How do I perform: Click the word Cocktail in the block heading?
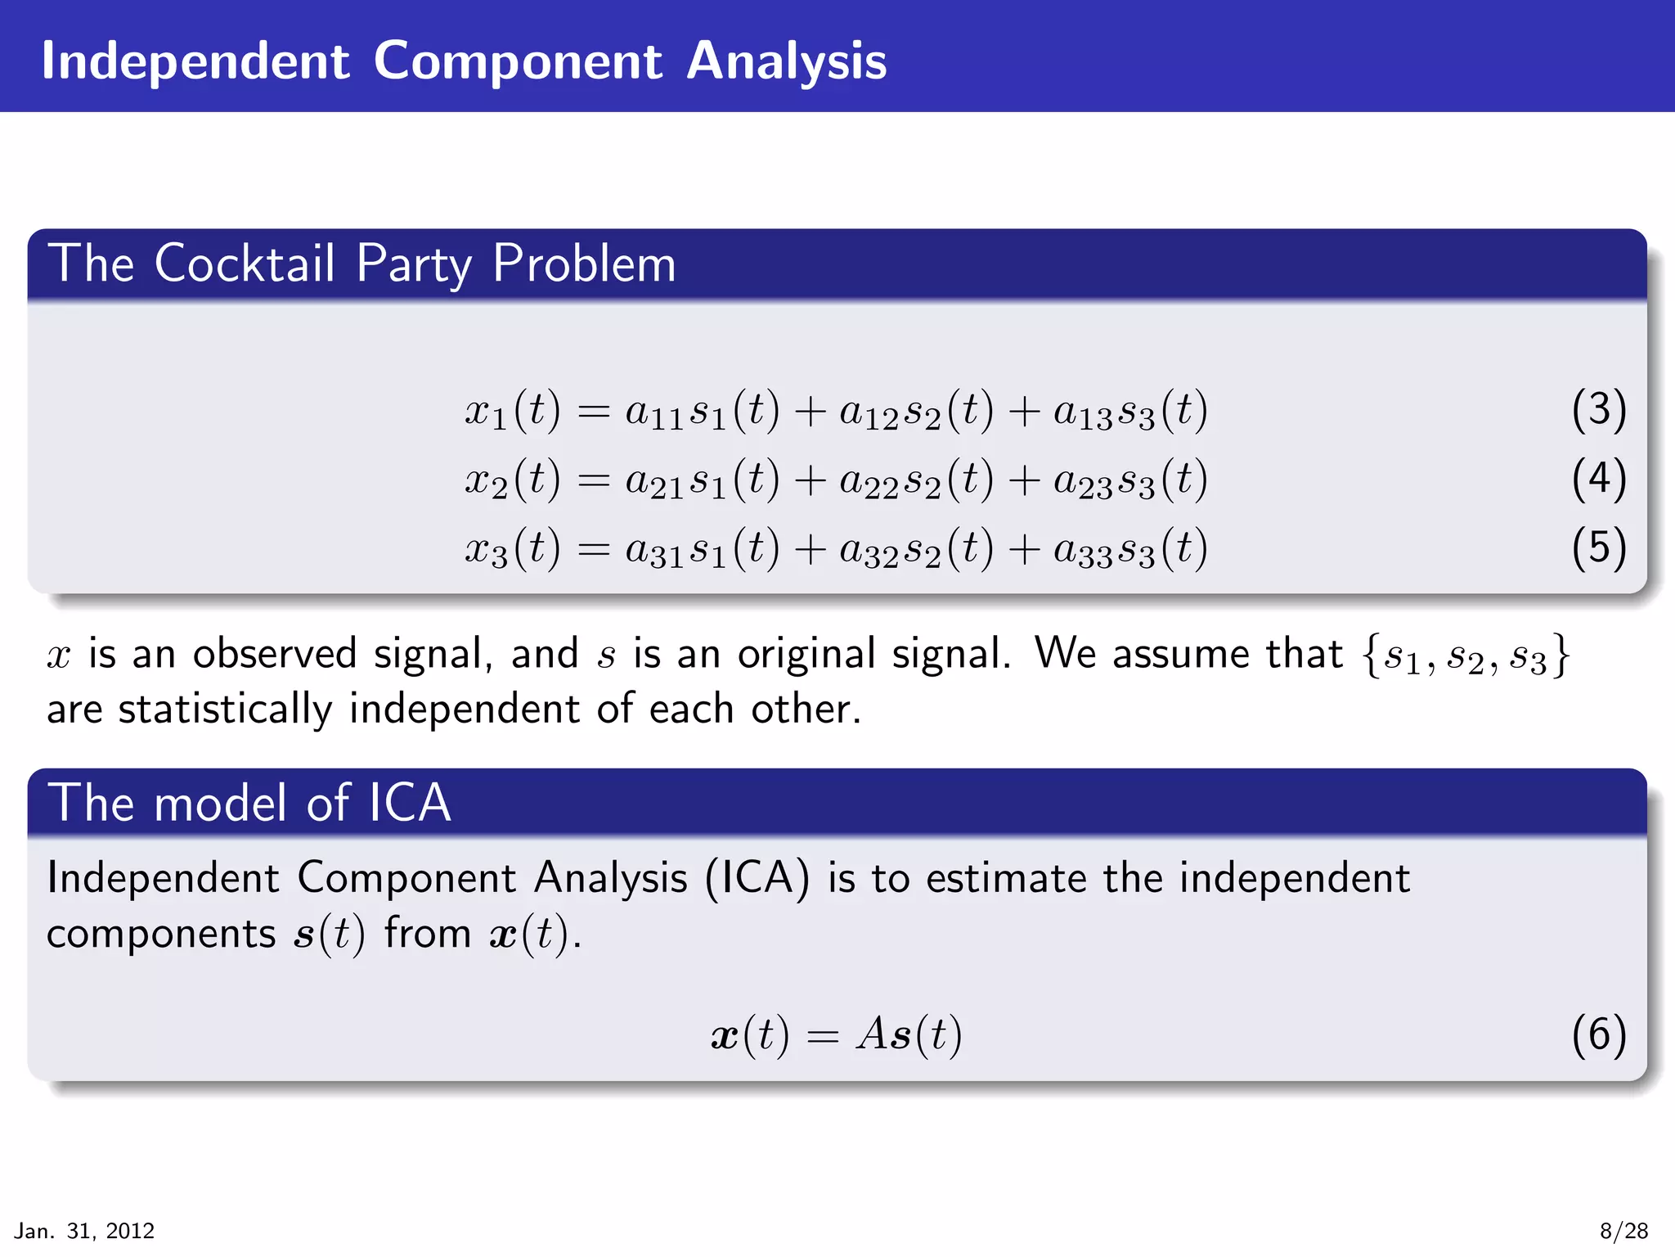point(245,264)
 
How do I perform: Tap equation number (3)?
point(1598,409)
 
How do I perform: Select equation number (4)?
point(1598,479)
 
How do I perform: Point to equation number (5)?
point(1598,547)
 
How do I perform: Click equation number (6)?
point(1598,1034)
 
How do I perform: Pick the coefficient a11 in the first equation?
point(653,412)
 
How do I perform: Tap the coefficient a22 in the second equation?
point(869,481)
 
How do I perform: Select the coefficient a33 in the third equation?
point(1083,551)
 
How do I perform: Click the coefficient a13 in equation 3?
point(1083,412)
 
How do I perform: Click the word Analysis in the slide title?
point(786,61)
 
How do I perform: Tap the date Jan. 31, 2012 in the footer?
point(84,1231)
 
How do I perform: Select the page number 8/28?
point(1623,1231)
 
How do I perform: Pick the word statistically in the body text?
point(225,710)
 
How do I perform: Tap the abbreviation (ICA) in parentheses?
point(757,878)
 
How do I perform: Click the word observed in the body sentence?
point(275,654)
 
